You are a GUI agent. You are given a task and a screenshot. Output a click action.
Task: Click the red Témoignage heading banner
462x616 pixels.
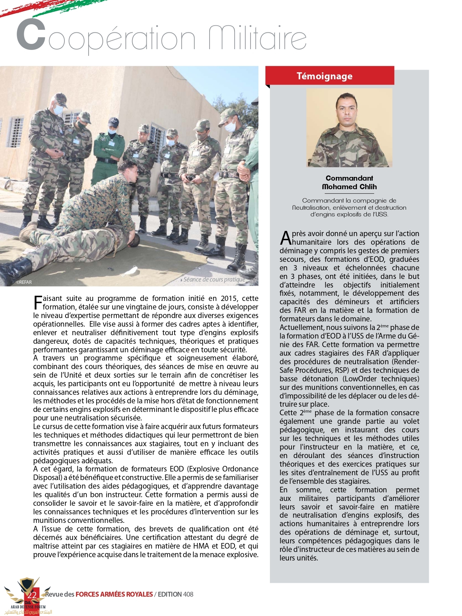click(329, 76)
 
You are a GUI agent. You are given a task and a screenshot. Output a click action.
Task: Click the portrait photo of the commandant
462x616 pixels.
click(349, 128)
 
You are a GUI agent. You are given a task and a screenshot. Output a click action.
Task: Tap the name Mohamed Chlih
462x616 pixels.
click(349, 187)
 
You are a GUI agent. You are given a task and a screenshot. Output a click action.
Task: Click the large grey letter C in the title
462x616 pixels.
click(32, 35)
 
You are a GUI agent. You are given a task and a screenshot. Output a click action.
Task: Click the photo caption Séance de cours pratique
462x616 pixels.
click(214, 279)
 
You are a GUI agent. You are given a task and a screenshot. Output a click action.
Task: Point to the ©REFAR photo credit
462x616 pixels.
click(24, 282)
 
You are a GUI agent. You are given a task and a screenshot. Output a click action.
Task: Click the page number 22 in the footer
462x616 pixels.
click(32, 595)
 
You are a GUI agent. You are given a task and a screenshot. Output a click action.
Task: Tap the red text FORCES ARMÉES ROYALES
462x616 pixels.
click(114, 594)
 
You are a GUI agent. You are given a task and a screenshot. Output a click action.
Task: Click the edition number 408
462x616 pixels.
click(188, 594)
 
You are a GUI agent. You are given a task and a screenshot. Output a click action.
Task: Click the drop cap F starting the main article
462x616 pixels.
click(38, 302)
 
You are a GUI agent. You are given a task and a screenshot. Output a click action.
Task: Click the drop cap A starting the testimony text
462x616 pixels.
click(285, 238)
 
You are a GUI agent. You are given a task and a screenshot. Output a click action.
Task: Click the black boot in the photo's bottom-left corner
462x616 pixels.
click(15, 269)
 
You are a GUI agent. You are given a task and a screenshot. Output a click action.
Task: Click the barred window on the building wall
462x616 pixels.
click(15, 131)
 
